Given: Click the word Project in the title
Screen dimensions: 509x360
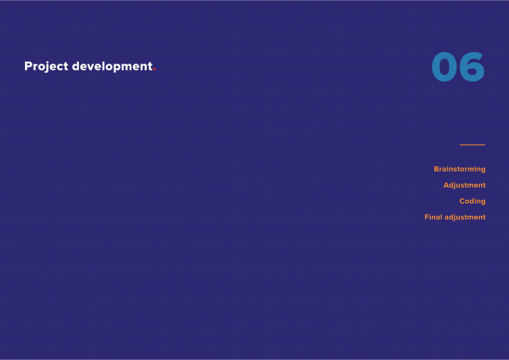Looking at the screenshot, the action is click(x=46, y=66).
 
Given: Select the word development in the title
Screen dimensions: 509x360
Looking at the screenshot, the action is click(x=112, y=66).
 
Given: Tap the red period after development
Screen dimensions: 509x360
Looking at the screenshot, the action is click(x=154, y=69).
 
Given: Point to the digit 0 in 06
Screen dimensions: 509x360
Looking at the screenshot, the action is click(x=445, y=67).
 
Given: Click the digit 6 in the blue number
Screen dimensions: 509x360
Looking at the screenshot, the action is click(x=472, y=67).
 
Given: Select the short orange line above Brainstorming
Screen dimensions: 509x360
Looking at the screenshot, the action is click(x=472, y=145).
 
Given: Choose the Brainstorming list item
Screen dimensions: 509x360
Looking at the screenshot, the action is click(x=460, y=169).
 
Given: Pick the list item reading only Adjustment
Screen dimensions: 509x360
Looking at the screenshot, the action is click(x=465, y=186).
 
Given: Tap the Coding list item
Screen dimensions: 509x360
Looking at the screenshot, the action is click(x=472, y=201).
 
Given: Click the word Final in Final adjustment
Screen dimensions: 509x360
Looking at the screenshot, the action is click(x=434, y=217).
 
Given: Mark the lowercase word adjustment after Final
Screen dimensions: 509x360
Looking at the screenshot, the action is click(x=465, y=217).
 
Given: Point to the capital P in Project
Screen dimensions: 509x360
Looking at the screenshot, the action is click(x=28, y=66).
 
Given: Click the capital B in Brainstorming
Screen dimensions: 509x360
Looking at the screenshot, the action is click(x=436, y=169).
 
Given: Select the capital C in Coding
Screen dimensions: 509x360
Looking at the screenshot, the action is click(x=463, y=201).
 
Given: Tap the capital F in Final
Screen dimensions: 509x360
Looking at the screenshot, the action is click(x=427, y=217).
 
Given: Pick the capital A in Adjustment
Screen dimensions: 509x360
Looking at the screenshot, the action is click(x=447, y=185).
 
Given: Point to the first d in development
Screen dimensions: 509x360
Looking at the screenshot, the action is click(x=76, y=66).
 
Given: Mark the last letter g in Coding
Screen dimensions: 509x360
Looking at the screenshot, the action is click(x=483, y=202).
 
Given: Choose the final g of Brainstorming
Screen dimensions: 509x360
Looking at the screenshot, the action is click(x=483, y=170).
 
